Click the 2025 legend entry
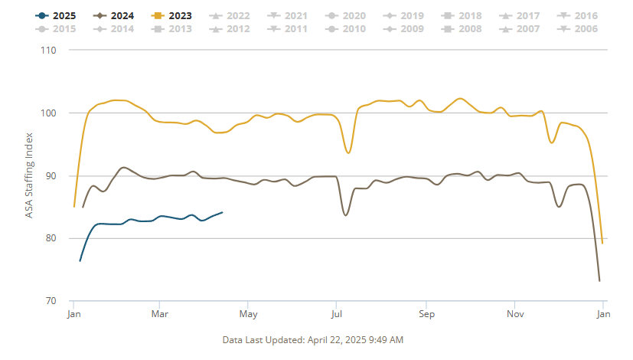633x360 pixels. [x=57, y=15]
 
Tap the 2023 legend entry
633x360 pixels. [x=173, y=15]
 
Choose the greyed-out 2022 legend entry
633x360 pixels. [x=231, y=15]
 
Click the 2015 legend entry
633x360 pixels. [x=57, y=29]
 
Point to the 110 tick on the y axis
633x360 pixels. [x=49, y=50]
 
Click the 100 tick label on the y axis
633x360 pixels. [x=49, y=113]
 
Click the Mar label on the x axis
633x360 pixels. [x=159, y=314]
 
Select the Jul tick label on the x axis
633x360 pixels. [x=335, y=314]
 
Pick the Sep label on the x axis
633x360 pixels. [x=426, y=314]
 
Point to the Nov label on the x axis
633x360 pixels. [x=515, y=314]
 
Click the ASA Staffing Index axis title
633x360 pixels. [x=29, y=175]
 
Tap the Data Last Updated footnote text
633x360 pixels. [x=312, y=339]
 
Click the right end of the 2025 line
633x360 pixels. [x=222, y=212]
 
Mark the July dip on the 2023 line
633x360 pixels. [x=348, y=152]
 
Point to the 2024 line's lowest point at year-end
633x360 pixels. [x=599, y=280]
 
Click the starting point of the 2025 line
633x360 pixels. [x=80, y=261]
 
